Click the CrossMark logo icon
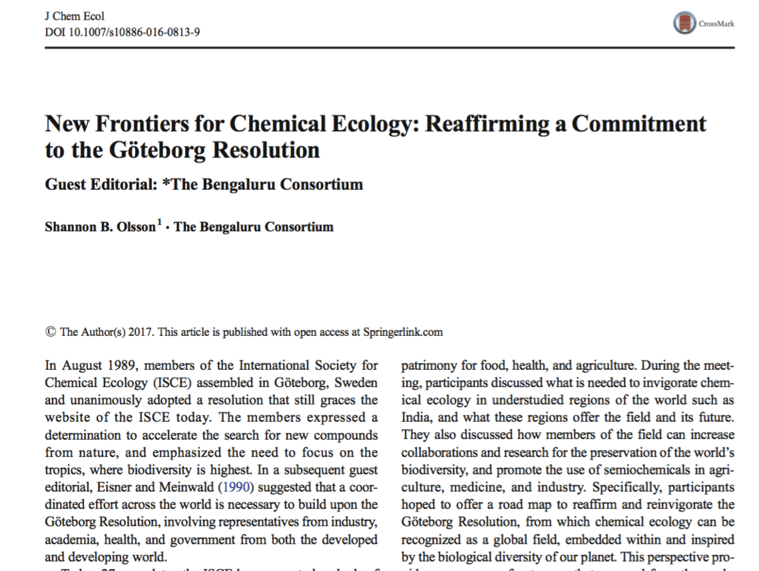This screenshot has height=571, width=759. point(684,23)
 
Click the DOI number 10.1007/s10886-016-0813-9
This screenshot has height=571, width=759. point(123,31)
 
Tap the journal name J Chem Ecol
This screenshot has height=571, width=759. point(74,17)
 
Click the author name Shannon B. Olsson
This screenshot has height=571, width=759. point(100,227)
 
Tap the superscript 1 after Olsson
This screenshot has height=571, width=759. point(159,223)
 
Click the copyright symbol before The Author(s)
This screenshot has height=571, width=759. point(50,332)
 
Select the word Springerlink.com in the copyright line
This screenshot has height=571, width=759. point(403,332)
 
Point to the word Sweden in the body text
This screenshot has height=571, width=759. point(360,383)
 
